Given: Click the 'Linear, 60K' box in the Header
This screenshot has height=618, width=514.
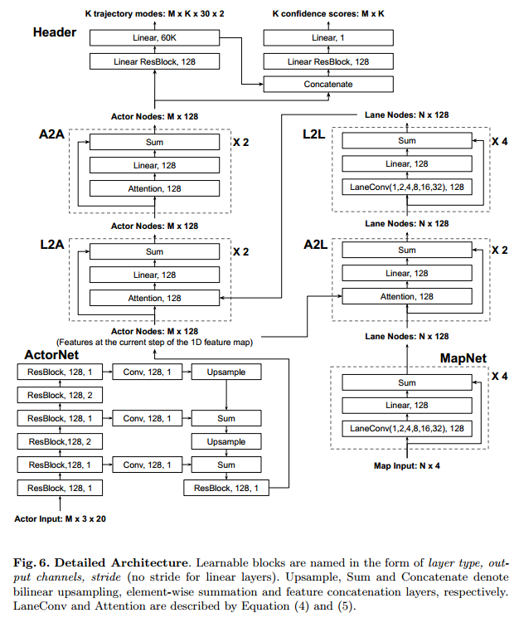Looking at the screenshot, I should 154,38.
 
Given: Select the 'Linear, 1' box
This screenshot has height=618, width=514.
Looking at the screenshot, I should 327,38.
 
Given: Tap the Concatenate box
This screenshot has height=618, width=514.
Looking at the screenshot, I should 327,84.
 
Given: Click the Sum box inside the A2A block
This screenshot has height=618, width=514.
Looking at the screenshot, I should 154,142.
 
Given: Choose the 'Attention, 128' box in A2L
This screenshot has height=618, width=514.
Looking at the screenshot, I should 406,296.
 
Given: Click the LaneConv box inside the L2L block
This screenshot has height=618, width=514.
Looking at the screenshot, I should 406,187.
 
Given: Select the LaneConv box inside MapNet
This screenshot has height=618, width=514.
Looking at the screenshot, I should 406,429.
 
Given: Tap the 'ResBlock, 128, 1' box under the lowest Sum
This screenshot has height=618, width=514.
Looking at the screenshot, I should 226,489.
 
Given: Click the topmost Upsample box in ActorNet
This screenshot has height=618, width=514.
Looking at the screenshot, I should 226,372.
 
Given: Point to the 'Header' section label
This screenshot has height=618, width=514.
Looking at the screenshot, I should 55,32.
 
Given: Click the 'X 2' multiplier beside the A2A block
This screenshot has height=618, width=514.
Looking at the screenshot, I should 240,142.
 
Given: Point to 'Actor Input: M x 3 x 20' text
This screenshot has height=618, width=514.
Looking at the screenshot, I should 61,518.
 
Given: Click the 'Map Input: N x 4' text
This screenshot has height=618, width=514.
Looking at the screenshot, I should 406,465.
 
